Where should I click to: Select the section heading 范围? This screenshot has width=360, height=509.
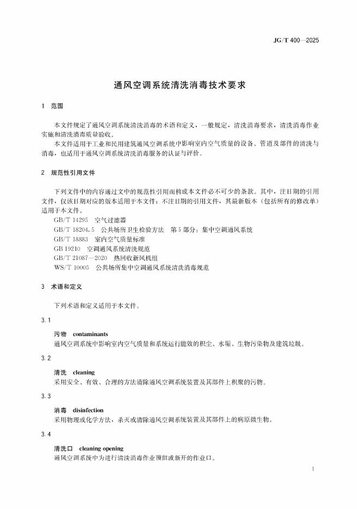click(x=57, y=105)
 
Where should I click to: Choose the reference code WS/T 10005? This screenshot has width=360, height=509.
click(x=71, y=268)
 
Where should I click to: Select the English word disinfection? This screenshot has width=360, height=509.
click(x=88, y=410)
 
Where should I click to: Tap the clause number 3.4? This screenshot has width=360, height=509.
click(x=46, y=434)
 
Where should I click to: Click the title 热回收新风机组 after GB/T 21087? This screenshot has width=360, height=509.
click(x=131, y=258)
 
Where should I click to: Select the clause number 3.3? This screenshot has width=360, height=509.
click(x=46, y=396)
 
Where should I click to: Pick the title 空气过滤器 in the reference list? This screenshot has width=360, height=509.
click(x=110, y=220)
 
